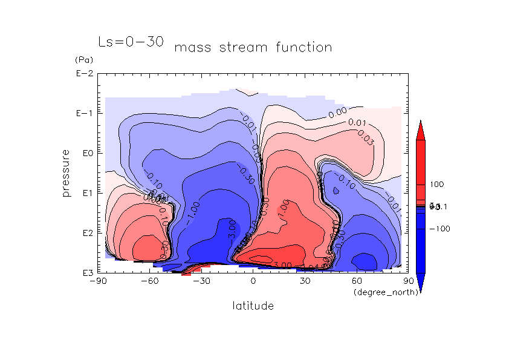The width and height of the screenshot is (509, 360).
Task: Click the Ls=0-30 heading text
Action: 131,42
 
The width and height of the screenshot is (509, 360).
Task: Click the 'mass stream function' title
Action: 253,47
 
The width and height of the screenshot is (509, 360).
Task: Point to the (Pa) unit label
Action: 82,61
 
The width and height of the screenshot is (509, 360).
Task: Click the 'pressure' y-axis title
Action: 66,172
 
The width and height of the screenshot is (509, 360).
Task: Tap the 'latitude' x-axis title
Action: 253,306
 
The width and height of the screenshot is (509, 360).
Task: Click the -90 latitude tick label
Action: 97,281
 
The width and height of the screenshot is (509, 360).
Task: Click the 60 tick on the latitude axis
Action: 357,281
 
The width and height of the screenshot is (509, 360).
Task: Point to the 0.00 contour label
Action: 337,111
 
